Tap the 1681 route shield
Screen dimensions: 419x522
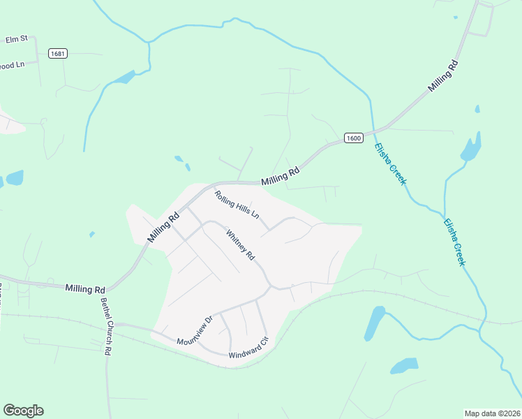pos(57,53)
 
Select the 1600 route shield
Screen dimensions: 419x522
pos(353,138)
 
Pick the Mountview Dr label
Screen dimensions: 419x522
pos(194,332)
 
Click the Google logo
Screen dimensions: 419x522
pos(23,411)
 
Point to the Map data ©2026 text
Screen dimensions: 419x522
pos(492,413)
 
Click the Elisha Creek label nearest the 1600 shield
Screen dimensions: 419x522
pos(390,164)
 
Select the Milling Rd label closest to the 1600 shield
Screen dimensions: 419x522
pos(281,175)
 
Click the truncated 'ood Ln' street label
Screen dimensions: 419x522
pos(13,66)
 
